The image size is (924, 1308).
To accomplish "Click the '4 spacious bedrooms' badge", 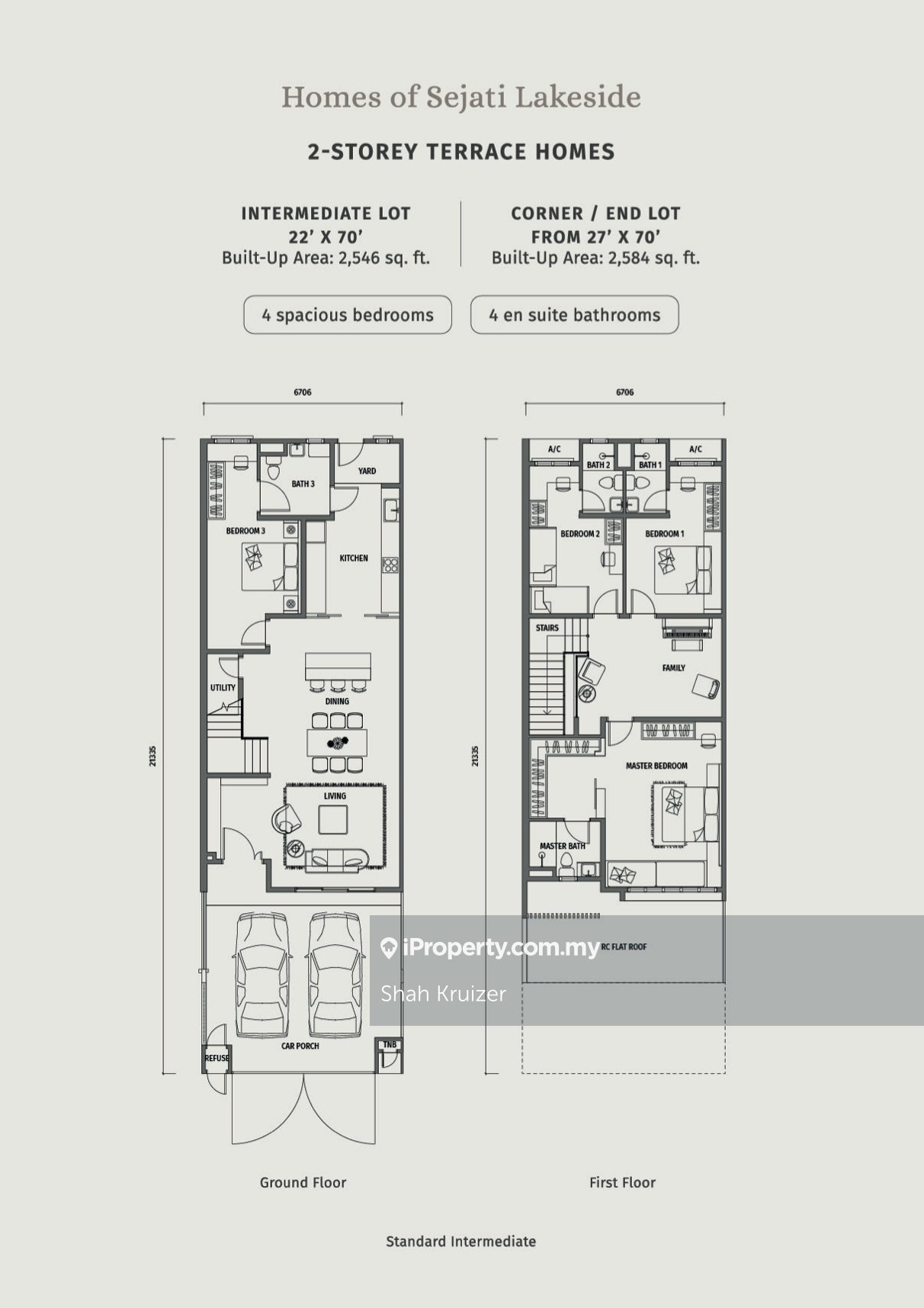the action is coord(348,315).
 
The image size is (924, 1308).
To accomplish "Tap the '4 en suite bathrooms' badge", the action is coord(575,315).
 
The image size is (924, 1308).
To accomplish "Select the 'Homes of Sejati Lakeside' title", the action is coord(461,97).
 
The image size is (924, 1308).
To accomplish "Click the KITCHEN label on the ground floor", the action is coord(354,558).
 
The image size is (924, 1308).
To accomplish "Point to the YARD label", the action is coord(367,471).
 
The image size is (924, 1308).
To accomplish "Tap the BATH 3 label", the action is coord(303,484).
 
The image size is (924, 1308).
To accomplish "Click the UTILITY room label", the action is coord(223,688).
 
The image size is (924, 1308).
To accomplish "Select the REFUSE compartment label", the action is coord(217,1058).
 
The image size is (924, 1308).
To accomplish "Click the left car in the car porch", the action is coord(261,975).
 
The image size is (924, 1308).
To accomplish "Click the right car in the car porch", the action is coord(336,975).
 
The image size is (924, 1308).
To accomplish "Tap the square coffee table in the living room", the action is coord(333,820).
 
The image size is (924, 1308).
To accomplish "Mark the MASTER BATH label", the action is coord(563,846).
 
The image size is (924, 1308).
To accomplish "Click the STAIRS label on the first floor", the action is coord(547,628).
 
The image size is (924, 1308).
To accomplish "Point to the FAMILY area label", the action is coord(674,668).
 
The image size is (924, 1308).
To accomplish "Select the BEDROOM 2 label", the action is coord(580,534).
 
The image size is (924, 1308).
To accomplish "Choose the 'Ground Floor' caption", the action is coord(303,1182).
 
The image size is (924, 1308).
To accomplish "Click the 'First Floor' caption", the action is coord(622,1182).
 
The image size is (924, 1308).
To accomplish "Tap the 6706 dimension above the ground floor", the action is coord(303,393).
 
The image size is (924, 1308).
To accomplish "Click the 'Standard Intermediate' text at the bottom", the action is coord(461,1242).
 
